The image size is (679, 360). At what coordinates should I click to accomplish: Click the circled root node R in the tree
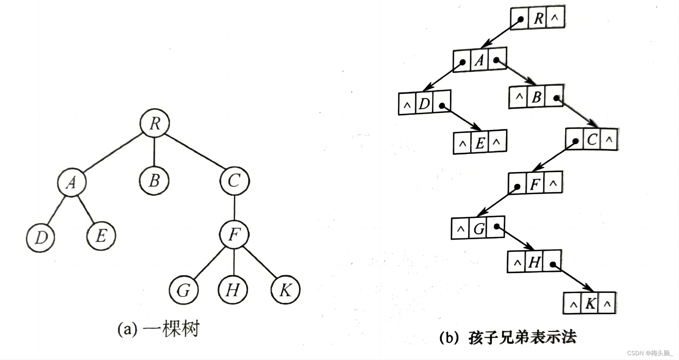(x=155, y=123)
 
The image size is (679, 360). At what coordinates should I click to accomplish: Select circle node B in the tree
(x=154, y=181)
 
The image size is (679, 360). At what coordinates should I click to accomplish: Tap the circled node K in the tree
(x=285, y=290)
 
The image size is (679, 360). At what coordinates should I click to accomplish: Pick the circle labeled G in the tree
(x=183, y=290)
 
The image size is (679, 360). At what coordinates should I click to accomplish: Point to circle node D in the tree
(x=41, y=237)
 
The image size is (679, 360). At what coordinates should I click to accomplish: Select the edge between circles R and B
(x=154, y=152)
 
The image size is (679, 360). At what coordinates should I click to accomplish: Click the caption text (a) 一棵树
(x=159, y=329)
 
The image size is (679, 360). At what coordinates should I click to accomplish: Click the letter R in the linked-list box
(x=538, y=18)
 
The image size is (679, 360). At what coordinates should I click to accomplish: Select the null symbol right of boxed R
(x=555, y=18)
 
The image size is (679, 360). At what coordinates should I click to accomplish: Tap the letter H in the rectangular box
(x=534, y=262)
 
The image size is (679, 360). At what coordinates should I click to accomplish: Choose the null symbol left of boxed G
(x=460, y=228)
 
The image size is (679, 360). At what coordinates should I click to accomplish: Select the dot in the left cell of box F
(x=517, y=187)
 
